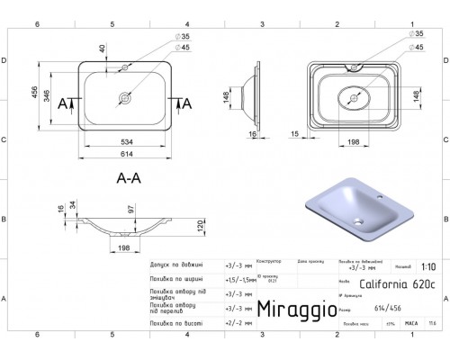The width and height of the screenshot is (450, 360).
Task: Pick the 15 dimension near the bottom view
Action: click(x=295, y=132)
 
